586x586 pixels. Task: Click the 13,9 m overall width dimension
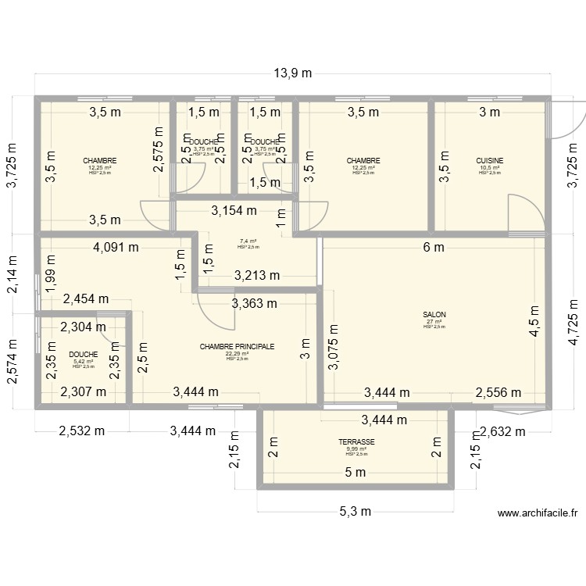pyautogui.click(x=292, y=73)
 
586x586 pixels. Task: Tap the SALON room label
pyautogui.click(x=433, y=315)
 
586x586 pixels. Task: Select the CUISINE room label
pyautogui.click(x=490, y=161)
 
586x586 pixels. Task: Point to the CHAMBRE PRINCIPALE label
pyautogui.click(x=237, y=346)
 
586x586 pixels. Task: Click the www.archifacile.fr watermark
pyautogui.click(x=538, y=513)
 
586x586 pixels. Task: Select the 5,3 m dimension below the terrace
pyautogui.click(x=356, y=511)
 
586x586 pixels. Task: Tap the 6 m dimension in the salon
pyautogui.click(x=434, y=248)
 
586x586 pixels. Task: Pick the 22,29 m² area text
pyautogui.click(x=237, y=353)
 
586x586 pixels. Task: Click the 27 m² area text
pyautogui.click(x=433, y=321)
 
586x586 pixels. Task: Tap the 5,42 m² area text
pyautogui.click(x=83, y=361)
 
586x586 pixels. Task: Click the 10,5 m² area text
pyautogui.click(x=490, y=167)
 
